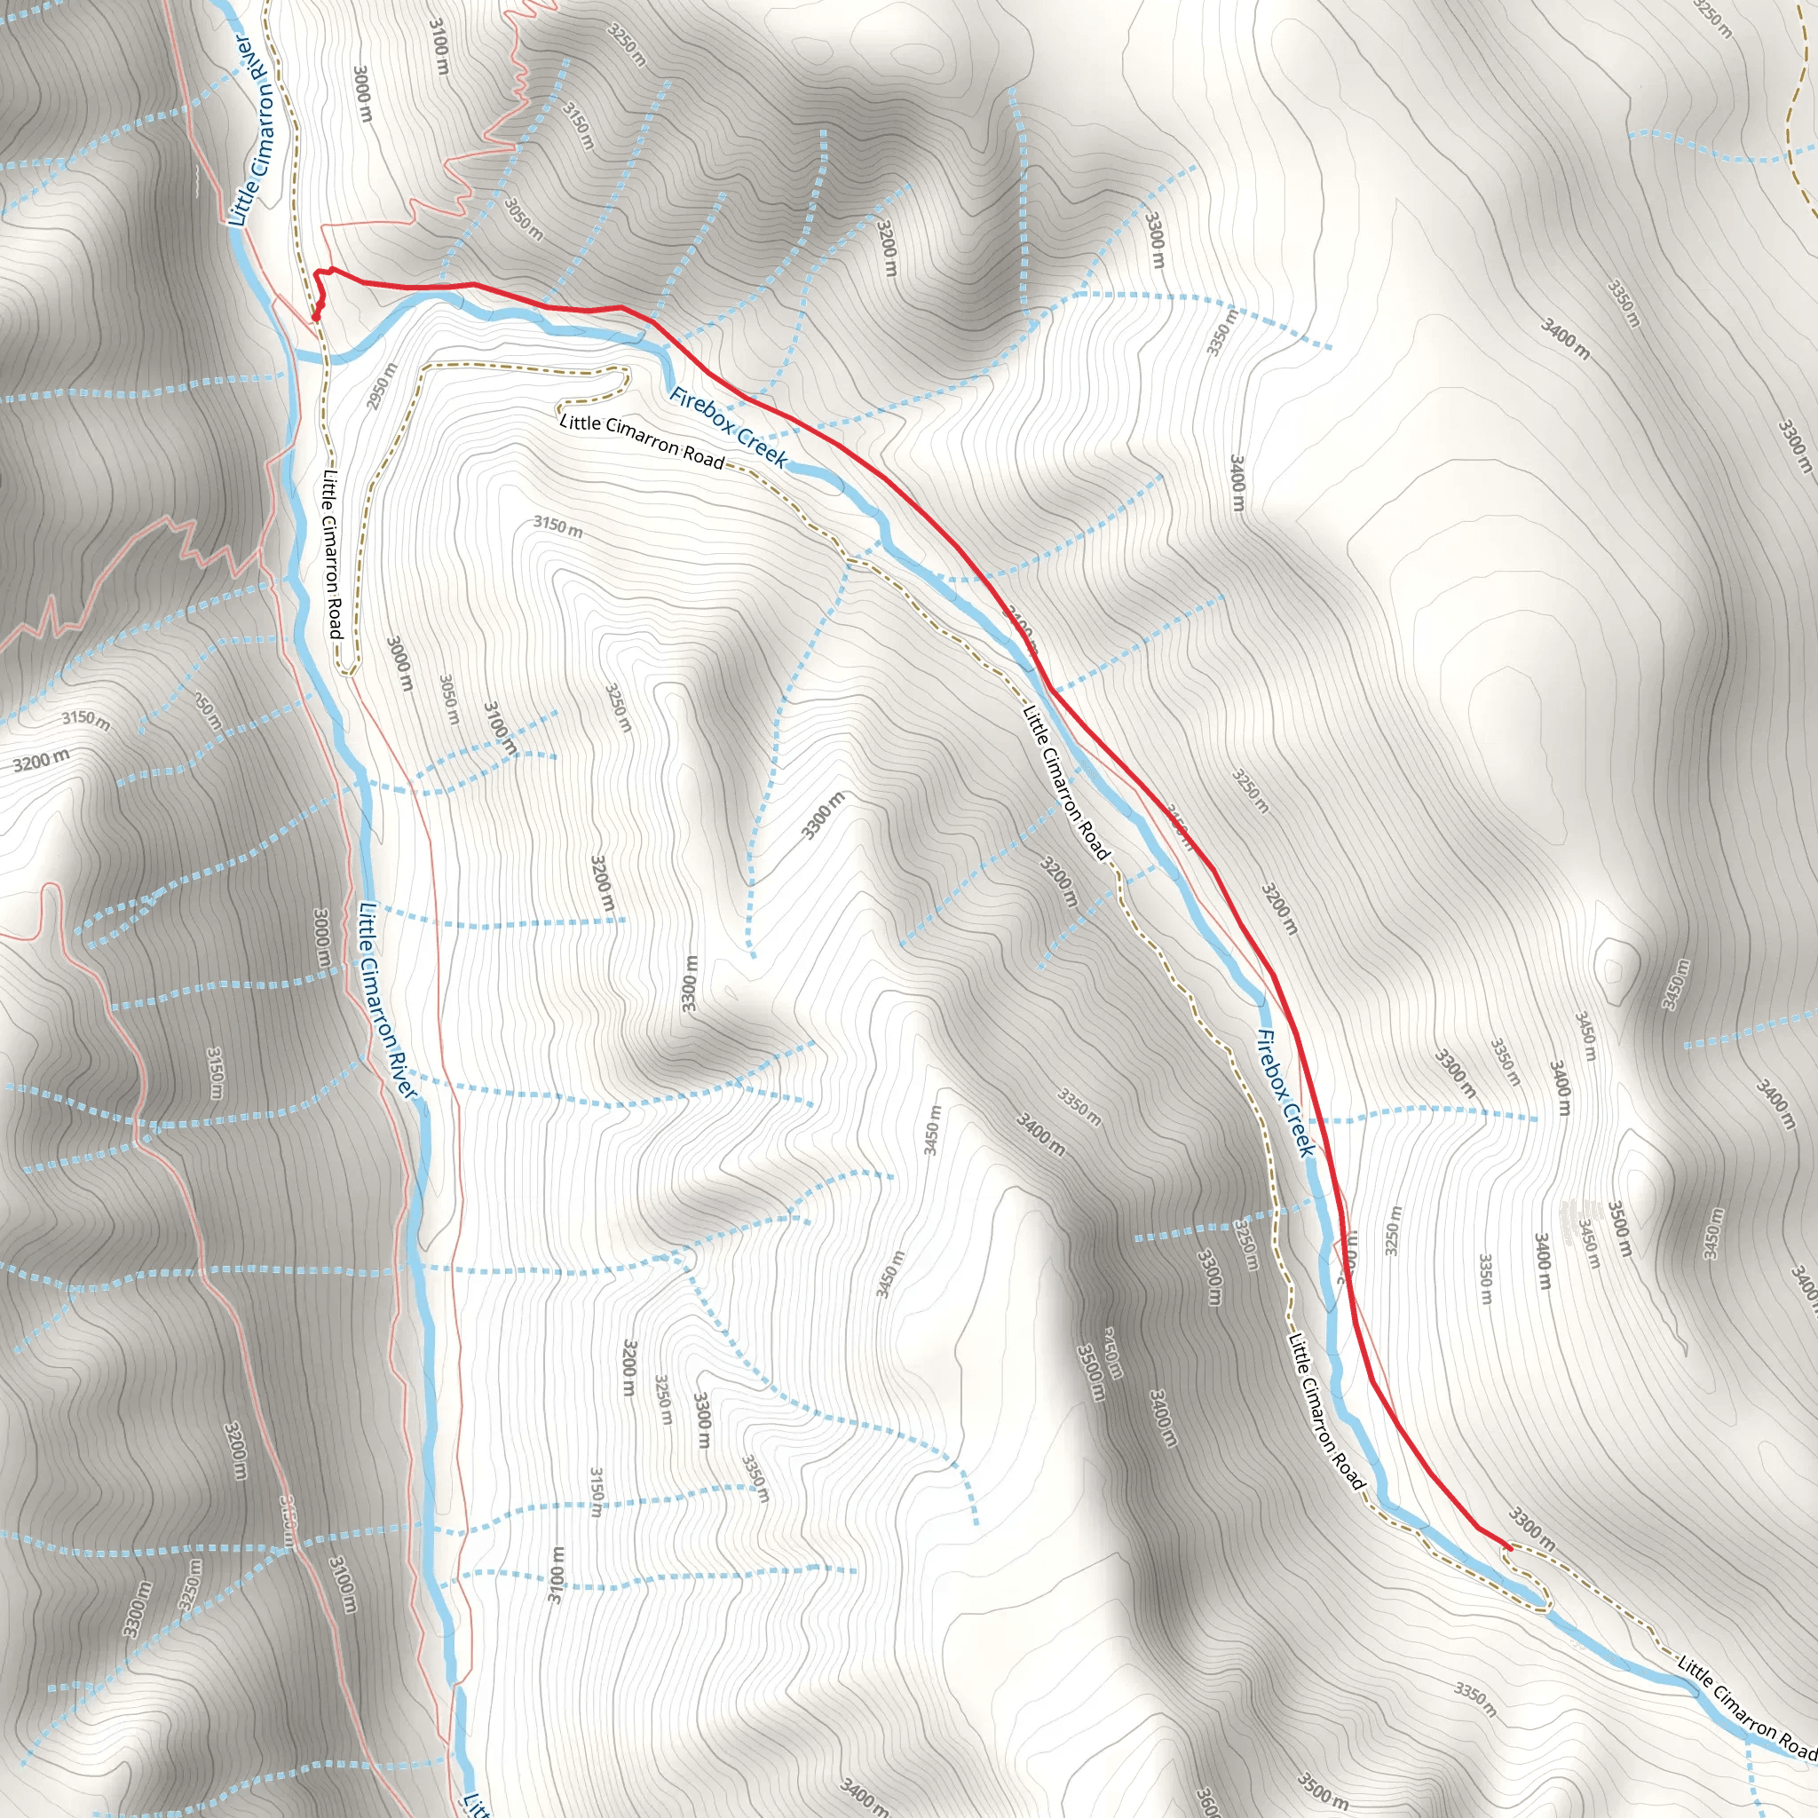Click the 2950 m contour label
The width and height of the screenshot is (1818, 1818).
pyautogui.click(x=381, y=386)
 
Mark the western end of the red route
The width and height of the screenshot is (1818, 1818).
pyautogui.click(x=315, y=319)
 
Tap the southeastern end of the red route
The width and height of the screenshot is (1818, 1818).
pyautogui.click(x=1509, y=1548)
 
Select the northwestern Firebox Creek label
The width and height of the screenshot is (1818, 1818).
pyautogui.click(x=727, y=427)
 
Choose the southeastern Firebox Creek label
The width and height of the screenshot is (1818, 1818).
pyautogui.click(x=1284, y=1093)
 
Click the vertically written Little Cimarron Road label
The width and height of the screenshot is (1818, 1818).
pyautogui.click(x=331, y=554)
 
